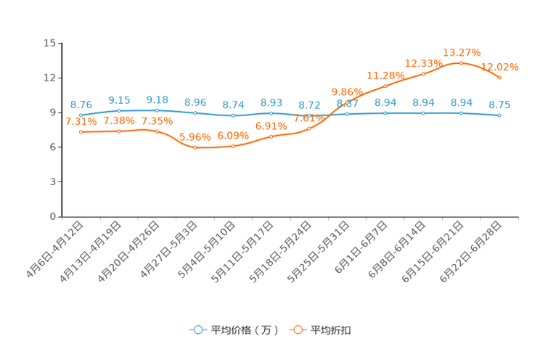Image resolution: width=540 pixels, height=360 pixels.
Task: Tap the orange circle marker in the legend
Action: [x=298, y=330]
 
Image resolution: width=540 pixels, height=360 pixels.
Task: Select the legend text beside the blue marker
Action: [x=244, y=330]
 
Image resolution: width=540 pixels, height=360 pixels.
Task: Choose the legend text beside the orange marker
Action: [x=331, y=330]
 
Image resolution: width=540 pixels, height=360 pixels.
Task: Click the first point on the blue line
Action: [x=81, y=115]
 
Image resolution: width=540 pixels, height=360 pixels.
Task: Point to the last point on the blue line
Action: [x=499, y=115]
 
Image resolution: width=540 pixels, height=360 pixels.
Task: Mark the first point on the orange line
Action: [x=81, y=131]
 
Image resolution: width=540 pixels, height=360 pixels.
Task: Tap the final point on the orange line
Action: [x=499, y=76]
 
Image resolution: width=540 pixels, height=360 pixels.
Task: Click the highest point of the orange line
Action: [x=461, y=63]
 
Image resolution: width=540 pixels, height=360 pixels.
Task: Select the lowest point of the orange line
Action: [x=195, y=148]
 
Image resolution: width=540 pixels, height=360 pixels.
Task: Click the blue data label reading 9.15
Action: [x=119, y=101]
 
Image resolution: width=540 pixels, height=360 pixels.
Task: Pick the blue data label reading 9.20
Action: [x=157, y=100]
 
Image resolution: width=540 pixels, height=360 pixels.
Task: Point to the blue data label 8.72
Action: [x=309, y=106]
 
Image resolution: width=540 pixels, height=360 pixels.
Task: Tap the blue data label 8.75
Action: [x=499, y=105]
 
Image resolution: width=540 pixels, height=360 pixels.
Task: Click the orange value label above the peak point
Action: [x=462, y=52]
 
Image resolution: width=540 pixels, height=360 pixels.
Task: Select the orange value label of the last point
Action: [x=501, y=67]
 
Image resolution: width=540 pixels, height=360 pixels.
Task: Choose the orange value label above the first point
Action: [x=81, y=122]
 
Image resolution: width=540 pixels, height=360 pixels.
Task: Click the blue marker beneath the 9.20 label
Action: [x=157, y=110]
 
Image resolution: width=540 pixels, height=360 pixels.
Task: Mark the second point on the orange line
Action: [x=119, y=131]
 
